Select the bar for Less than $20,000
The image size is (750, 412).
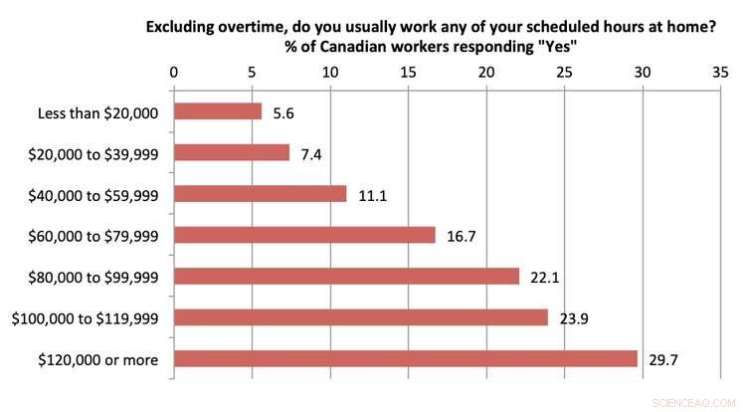tap(218, 112)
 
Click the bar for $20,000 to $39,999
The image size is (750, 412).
tap(232, 153)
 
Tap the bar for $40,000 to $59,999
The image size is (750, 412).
tap(261, 194)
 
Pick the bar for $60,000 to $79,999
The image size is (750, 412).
tap(304, 235)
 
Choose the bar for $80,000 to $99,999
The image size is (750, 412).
tap(346, 276)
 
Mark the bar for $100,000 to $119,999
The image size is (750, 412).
tap(361, 317)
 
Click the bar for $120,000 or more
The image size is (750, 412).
tap(406, 358)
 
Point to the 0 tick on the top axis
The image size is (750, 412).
tap(174, 73)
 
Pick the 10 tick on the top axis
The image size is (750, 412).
tap(330, 73)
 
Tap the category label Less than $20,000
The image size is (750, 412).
tap(95, 112)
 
